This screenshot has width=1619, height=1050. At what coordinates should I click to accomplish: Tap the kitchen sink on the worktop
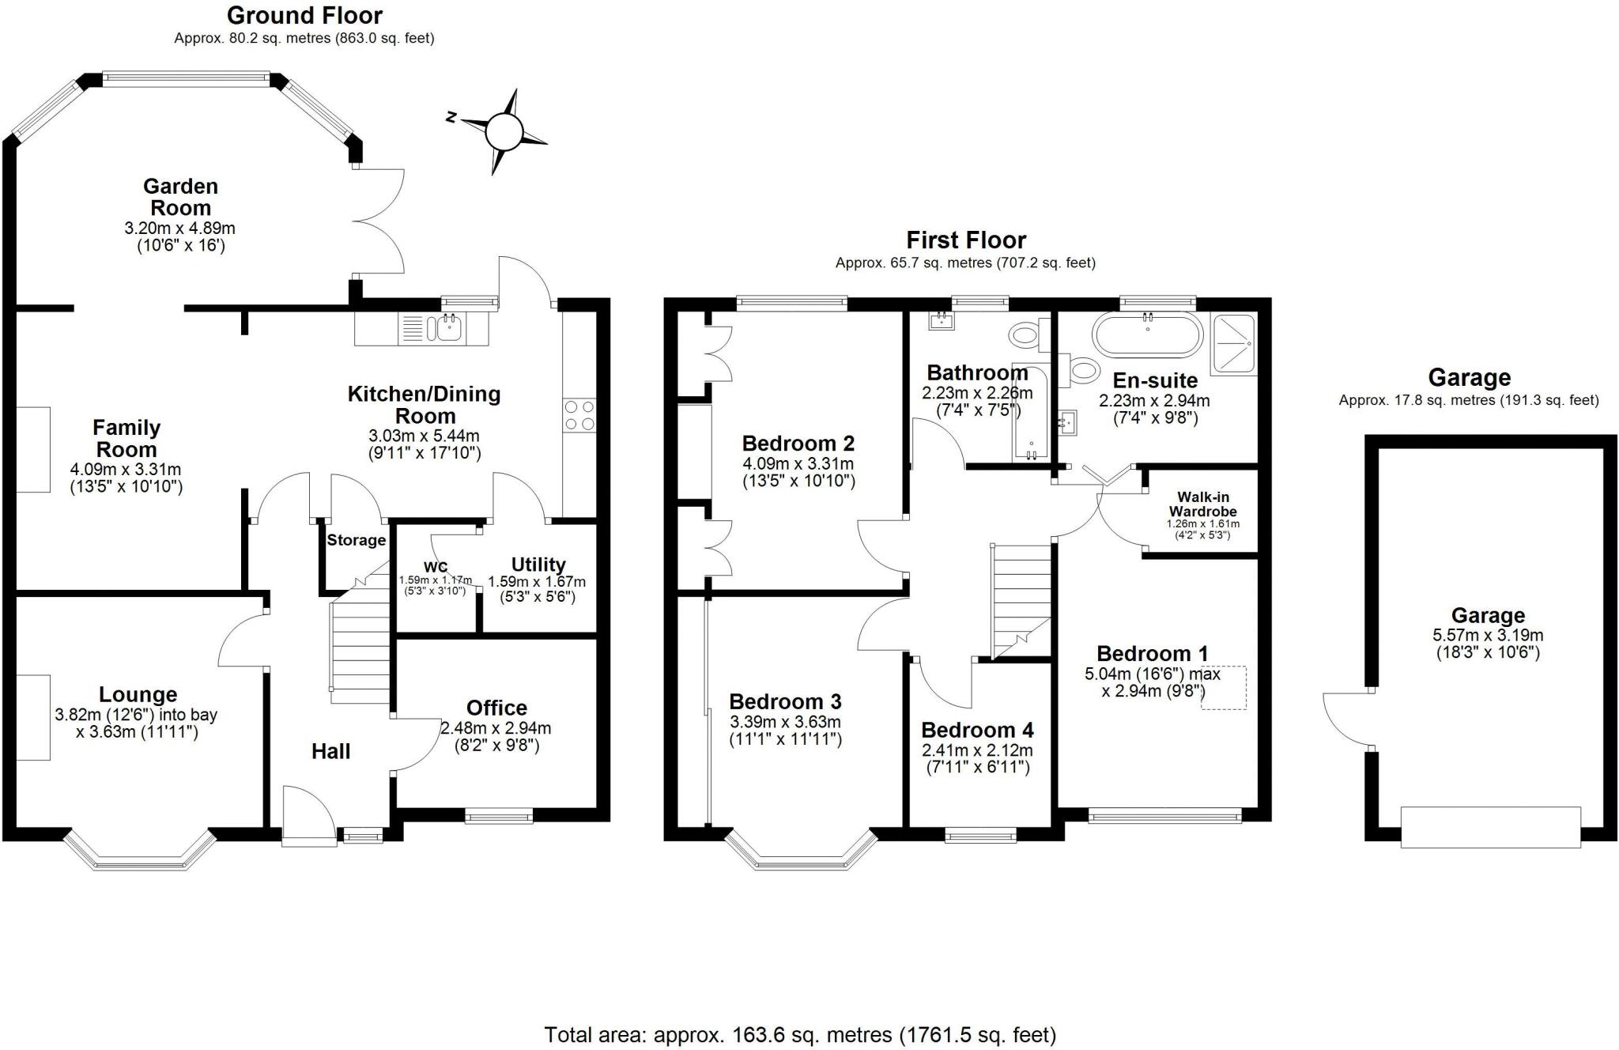pos(448,327)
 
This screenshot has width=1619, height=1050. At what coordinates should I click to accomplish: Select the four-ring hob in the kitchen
pos(579,416)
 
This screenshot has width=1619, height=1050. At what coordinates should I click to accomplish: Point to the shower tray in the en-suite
pos(1233,345)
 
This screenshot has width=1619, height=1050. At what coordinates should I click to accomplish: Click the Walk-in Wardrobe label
pos(1202,504)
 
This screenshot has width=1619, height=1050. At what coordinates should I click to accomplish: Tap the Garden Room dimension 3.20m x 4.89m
pos(180,229)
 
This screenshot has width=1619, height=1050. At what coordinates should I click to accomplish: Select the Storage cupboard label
pos(357,541)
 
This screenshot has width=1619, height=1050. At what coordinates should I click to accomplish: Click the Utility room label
pos(538,565)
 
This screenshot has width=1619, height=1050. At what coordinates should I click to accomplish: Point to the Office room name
pos(496,708)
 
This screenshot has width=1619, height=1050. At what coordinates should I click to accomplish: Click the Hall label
pos(330,751)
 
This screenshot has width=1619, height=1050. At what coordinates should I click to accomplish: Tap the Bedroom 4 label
pos(977,730)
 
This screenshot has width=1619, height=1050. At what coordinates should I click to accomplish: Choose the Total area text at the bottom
pos(800,1034)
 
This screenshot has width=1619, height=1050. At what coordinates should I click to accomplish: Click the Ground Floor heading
pos(304,15)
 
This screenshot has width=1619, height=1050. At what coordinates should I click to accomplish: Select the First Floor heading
pos(966,240)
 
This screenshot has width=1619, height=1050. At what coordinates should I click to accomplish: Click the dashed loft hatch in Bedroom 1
pos(1225,688)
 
